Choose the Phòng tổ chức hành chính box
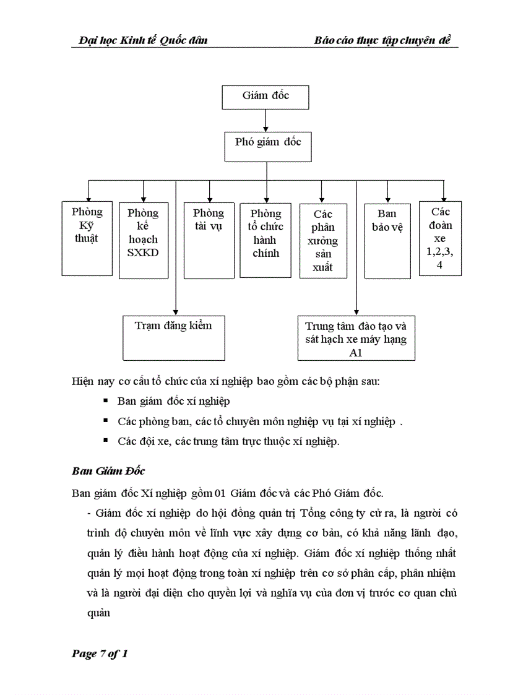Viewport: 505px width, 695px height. (266, 240)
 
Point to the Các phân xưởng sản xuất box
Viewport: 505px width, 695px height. (322, 240)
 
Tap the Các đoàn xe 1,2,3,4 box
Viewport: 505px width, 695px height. (440, 238)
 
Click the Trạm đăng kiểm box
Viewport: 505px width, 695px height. (173, 337)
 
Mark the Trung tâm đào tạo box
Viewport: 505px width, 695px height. (356, 339)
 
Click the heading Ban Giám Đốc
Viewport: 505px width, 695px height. (108, 471)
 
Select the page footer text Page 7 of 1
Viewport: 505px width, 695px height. (100, 654)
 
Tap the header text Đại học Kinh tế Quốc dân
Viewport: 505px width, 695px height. (143, 40)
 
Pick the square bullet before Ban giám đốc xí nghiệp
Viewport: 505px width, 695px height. (106, 401)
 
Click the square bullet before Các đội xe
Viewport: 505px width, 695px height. (106, 441)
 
